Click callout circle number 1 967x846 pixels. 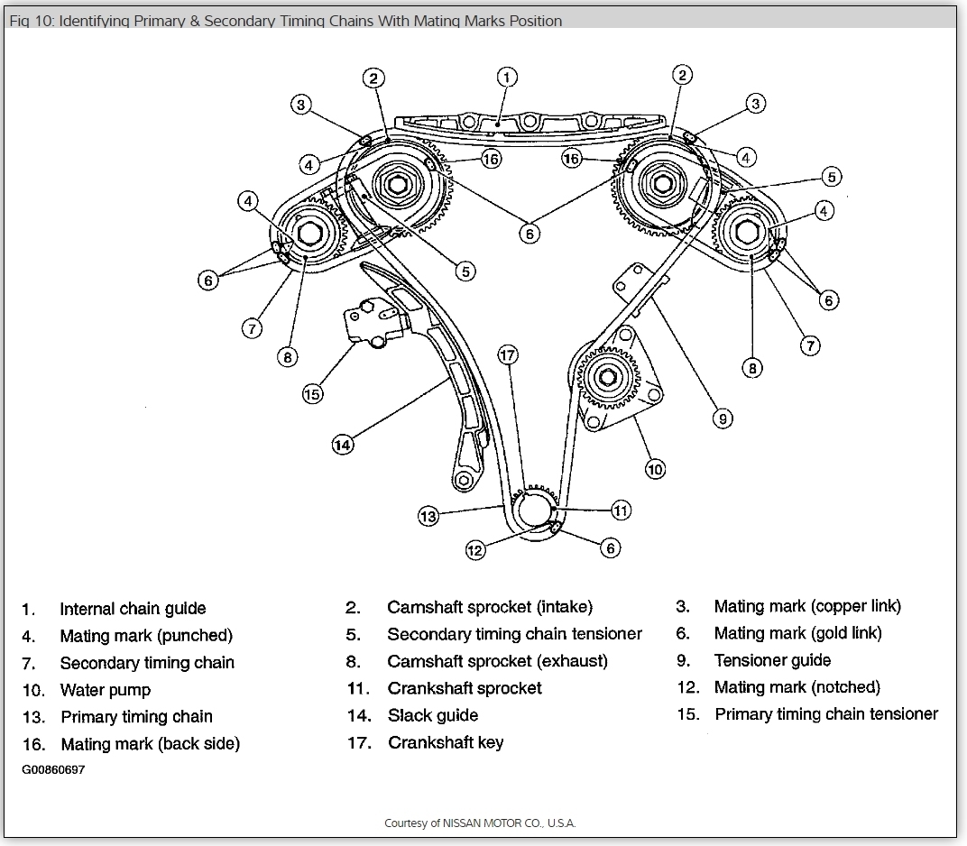click(507, 78)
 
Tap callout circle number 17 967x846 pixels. click(509, 354)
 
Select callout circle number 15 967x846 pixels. click(312, 393)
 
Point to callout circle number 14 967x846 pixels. click(342, 444)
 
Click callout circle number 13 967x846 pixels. click(428, 516)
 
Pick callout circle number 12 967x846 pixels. click(475, 549)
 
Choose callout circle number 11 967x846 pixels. click(621, 510)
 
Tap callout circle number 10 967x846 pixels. click(655, 468)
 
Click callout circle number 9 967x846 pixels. click(722, 418)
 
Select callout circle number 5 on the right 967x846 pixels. click(831, 177)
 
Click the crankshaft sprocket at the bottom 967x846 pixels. click(538, 509)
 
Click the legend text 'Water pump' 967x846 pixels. click(106, 690)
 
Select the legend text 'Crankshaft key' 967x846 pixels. click(446, 742)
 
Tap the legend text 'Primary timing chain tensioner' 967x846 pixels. click(826, 714)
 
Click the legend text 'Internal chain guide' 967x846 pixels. click(133, 609)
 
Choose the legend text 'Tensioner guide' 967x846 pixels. click(772, 660)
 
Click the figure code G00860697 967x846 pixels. click(54, 770)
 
